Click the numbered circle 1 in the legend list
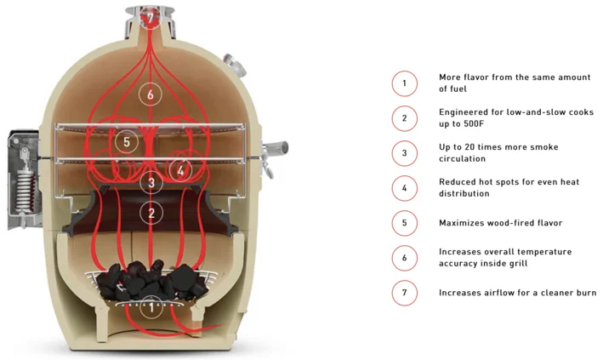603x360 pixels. tap(404, 83)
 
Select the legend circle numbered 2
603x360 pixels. tap(404, 117)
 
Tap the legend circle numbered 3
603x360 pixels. tap(404, 152)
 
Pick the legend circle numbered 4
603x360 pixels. tap(404, 187)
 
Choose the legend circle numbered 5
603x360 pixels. tap(404, 223)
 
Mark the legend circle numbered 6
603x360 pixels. tap(404, 257)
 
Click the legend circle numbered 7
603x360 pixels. tap(404, 292)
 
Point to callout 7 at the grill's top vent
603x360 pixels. tap(151, 17)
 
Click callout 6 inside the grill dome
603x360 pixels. tap(151, 94)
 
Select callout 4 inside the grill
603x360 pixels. tap(179, 169)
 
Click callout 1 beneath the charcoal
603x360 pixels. tap(151, 306)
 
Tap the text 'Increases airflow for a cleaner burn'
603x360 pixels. tap(517, 292)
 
